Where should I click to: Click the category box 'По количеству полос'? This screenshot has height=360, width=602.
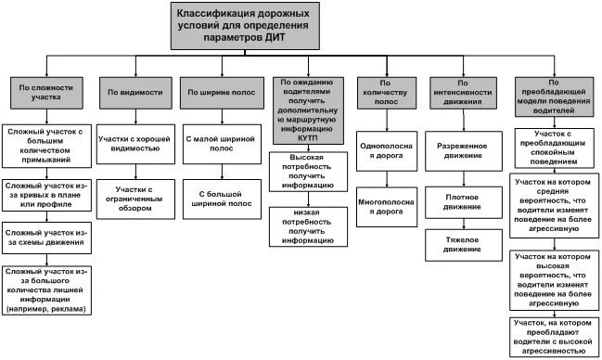tap(388, 93)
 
